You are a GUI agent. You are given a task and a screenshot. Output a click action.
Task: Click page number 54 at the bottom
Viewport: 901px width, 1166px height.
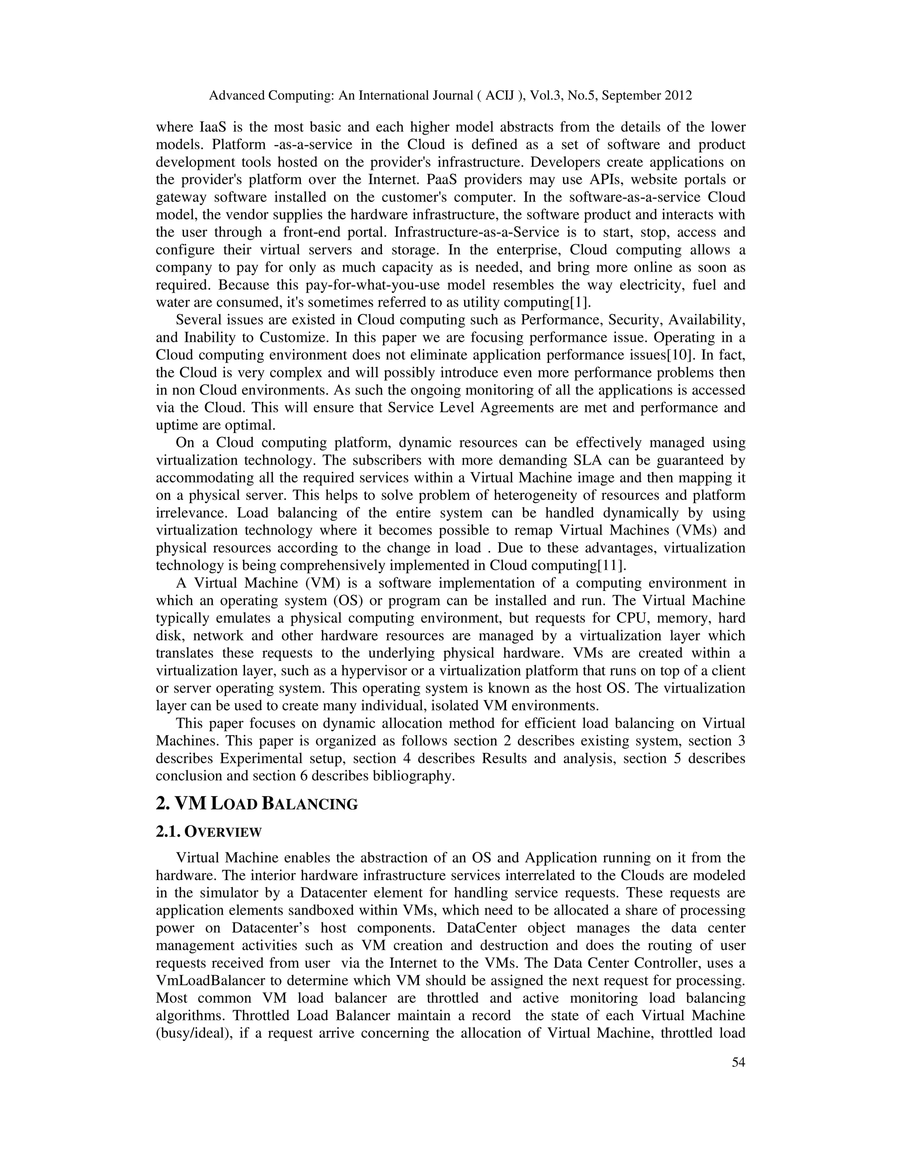(738, 1063)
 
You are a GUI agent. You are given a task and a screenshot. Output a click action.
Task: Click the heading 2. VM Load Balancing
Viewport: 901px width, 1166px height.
(256, 804)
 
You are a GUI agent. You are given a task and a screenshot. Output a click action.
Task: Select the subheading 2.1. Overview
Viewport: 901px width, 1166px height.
(208, 832)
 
